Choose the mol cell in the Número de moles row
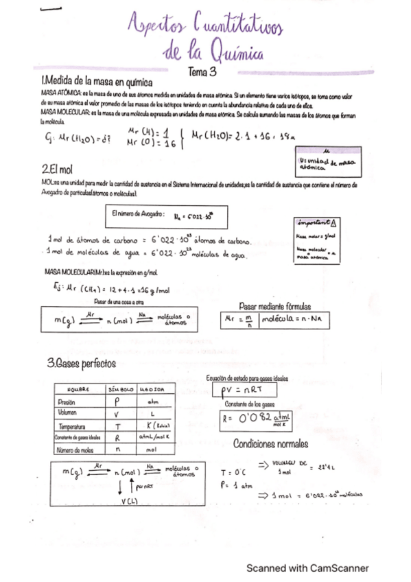(152, 450)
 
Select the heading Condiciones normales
(271, 443)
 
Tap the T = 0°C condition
(233, 472)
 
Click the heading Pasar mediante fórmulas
(274, 306)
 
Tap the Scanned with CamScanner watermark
(308, 568)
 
